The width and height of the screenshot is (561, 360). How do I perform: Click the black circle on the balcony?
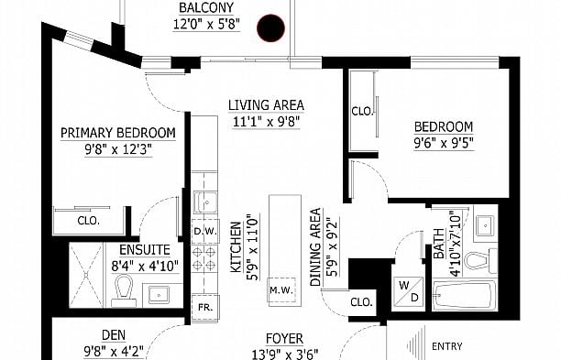(x=270, y=27)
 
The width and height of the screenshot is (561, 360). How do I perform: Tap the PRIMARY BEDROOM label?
(x=117, y=133)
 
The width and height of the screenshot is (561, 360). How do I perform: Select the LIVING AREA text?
(x=266, y=105)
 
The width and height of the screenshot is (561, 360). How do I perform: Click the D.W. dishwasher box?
(x=205, y=231)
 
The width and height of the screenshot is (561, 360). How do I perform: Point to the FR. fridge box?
(x=205, y=307)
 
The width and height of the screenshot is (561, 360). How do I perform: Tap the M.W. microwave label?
(x=281, y=290)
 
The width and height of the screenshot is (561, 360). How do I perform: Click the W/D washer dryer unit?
(x=409, y=291)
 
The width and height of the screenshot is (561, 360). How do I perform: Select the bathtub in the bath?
(x=465, y=295)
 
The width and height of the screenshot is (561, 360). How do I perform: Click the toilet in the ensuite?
(x=124, y=291)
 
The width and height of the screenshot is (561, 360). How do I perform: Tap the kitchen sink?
(x=205, y=202)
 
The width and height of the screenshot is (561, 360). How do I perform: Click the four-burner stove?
(x=203, y=258)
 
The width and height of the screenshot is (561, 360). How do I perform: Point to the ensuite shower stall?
(x=86, y=275)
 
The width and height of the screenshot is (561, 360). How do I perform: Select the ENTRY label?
(x=446, y=346)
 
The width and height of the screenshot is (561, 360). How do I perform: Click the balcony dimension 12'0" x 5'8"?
(x=206, y=25)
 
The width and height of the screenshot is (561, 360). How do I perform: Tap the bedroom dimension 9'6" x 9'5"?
(x=444, y=143)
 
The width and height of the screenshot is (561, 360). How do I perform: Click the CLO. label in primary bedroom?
(x=88, y=221)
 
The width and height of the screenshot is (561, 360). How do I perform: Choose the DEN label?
(x=114, y=335)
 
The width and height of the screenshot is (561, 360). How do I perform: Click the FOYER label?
(x=285, y=338)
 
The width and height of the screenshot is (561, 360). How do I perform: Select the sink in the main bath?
(x=485, y=226)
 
